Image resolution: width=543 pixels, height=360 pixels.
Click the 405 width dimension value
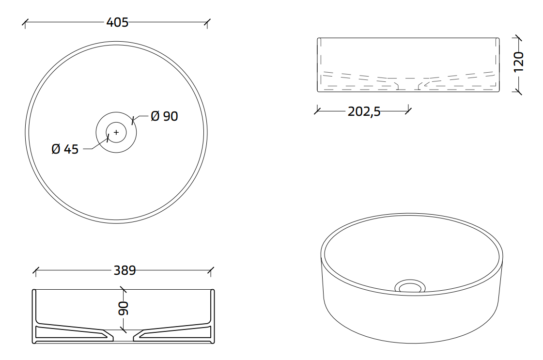(x=117, y=22)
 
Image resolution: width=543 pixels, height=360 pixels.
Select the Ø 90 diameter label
(x=165, y=116)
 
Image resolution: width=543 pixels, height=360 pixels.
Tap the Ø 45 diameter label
(x=65, y=149)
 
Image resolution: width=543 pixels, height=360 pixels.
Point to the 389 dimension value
(x=124, y=270)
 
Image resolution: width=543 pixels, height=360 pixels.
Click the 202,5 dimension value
(x=364, y=111)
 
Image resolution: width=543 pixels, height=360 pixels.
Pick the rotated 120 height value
(x=518, y=62)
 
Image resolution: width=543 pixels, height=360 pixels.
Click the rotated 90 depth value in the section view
(x=124, y=308)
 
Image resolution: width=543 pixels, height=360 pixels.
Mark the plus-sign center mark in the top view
(x=116, y=132)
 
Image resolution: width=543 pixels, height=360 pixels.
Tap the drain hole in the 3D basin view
(x=410, y=287)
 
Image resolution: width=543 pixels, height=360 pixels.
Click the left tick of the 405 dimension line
(x=25, y=23)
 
